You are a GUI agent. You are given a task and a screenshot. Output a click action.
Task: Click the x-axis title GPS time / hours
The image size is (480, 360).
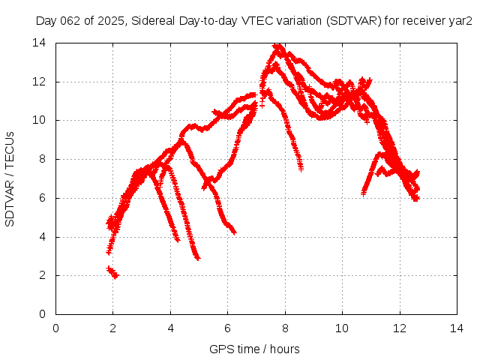pyautogui.click(x=254, y=349)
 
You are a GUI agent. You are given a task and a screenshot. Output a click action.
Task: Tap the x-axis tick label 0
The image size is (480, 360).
pyautogui.click(x=56, y=327)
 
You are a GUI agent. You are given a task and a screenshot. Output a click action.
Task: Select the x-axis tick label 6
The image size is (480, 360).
pyautogui.click(x=228, y=327)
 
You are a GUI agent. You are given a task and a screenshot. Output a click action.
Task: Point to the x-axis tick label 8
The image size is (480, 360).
pyautogui.click(x=285, y=327)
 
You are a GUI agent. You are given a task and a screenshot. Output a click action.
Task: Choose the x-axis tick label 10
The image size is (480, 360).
pyautogui.click(x=342, y=327)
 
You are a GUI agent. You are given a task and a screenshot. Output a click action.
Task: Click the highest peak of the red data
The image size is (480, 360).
pyautogui.click(x=278, y=46)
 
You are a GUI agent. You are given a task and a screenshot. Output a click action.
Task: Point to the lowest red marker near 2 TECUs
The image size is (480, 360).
pyautogui.click(x=115, y=276)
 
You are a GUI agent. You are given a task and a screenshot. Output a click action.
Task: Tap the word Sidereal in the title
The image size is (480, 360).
pyautogui.click(x=154, y=21)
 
